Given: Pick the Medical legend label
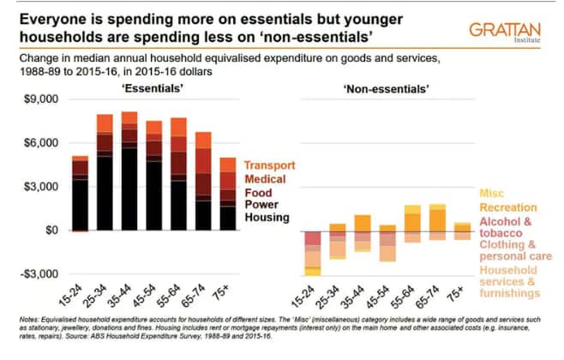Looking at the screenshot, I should coord(268,179).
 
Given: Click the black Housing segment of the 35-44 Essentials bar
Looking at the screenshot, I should coord(129,189).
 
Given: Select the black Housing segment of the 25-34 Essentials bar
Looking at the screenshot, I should coord(104,193).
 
